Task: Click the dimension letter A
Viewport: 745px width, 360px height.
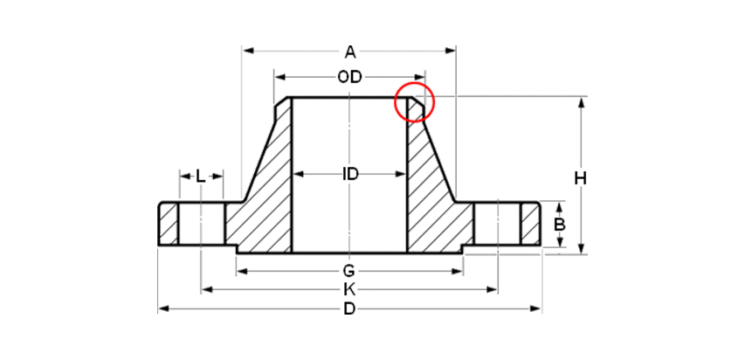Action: pyautogui.click(x=349, y=52)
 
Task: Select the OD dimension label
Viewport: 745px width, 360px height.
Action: pyautogui.click(x=349, y=78)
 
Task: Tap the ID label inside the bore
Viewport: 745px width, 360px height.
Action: pyautogui.click(x=349, y=174)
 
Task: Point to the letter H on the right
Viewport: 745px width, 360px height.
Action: pyautogui.click(x=581, y=178)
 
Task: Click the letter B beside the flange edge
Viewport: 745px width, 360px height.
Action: pyautogui.click(x=560, y=225)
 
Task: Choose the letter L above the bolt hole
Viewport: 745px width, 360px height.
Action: pyautogui.click(x=200, y=177)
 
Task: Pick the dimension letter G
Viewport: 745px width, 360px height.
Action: pyautogui.click(x=348, y=270)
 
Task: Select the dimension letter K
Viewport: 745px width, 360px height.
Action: pyautogui.click(x=348, y=288)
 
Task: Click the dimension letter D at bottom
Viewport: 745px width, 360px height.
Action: pyautogui.click(x=349, y=308)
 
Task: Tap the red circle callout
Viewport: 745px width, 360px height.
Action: pyautogui.click(x=415, y=102)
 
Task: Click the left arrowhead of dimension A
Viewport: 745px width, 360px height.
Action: pyautogui.click(x=248, y=51)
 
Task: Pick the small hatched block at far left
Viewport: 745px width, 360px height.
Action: pyautogui.click(x=169, y=225)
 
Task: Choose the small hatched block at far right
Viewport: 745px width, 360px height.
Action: pyautogui.click(x=530, y=225)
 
